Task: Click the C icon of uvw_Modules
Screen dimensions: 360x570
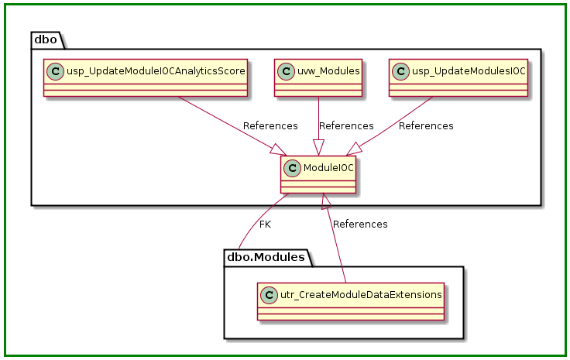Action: pos(287,71)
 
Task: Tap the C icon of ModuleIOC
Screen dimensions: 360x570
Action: pos(293,168)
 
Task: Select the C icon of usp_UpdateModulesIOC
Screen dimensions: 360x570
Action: pos(401,71)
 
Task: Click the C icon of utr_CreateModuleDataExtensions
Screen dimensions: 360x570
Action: pos(268,294)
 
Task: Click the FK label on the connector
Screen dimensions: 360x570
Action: pos(265,225)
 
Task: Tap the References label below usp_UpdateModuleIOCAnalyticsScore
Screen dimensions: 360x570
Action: pos(270,125)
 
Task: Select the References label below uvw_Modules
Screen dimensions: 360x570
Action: pos(346,125)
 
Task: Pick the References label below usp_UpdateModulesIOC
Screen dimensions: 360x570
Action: pos(426,125)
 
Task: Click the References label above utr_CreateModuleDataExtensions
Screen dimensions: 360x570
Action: pos(360,225)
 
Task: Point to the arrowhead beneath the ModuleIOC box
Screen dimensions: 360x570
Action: pos(327,201)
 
